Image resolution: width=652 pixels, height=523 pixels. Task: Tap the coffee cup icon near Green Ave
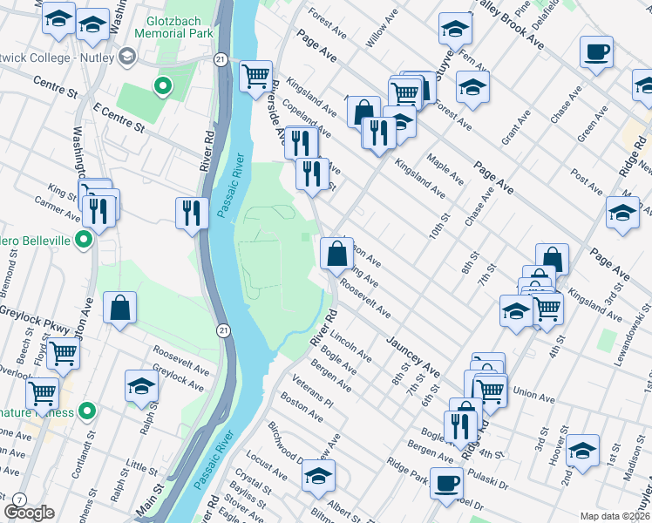point(596,51)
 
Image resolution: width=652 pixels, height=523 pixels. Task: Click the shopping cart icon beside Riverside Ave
point(255,77)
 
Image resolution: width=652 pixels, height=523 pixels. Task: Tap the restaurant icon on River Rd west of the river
point(191,212)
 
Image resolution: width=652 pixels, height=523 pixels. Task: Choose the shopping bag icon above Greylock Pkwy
point(119,308)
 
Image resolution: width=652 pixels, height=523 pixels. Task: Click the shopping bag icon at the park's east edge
point(336,254)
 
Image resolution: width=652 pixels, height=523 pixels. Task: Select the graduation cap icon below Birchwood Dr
point(319,475)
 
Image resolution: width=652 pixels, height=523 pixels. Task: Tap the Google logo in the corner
point(29,513)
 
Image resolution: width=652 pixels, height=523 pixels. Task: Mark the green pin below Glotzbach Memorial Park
point(161,86)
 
